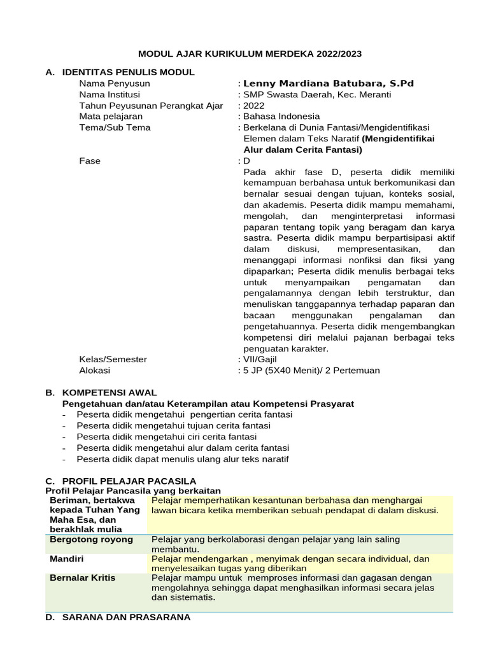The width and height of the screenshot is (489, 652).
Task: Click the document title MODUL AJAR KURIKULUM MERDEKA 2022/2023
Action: pos(250,54)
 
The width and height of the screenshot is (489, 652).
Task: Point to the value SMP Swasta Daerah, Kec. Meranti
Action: pos(318,95)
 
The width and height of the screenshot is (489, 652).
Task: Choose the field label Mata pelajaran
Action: pos(111,117)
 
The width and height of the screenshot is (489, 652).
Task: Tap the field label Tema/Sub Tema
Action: pos(115,127)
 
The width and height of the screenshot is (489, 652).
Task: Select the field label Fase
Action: pos(90,161)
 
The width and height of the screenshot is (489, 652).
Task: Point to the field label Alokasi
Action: pos(94,370)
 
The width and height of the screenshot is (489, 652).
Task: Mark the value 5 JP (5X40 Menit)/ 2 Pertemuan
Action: pos(312,370)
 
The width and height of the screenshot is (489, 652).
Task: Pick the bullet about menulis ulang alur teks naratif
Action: pos(182,458)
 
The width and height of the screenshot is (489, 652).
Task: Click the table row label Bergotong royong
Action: pos(91,539)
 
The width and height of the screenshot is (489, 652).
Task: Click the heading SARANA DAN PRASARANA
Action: pos(125,617)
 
